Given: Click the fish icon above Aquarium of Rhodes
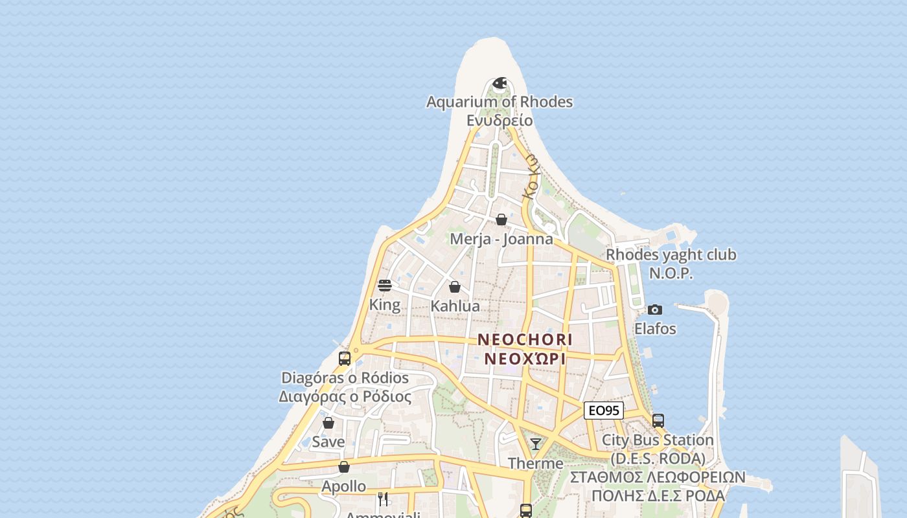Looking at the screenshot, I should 499,84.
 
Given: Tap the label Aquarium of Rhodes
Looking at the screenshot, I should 499,102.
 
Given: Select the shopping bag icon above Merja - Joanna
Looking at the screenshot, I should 501,220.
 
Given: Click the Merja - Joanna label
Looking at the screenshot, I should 501,239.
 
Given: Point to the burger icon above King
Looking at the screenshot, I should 385,286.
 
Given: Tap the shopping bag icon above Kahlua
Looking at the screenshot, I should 455,287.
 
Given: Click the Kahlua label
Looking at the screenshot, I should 455,306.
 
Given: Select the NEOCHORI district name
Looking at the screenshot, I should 525,339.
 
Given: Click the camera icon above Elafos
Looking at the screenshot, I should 655,310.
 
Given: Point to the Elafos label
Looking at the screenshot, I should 655,329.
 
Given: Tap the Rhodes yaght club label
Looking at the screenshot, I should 671,255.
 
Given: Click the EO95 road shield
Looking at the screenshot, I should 604,411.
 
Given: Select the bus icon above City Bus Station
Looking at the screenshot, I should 658,420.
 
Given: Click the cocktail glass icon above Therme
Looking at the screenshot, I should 536,444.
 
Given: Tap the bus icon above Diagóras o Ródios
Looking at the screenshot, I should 345,358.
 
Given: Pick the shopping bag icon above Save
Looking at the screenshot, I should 328,423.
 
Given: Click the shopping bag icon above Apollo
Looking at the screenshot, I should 344,467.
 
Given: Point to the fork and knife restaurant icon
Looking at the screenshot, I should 383,499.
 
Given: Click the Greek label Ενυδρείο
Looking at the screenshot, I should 499,120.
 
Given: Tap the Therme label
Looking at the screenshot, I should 536,464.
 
